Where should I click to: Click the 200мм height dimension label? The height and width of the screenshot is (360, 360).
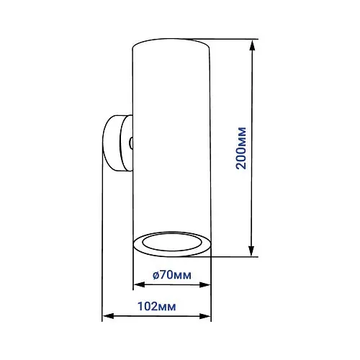(241, 148)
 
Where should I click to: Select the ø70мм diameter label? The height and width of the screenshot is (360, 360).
(172, 275)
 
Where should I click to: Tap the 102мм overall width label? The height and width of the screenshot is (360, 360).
(157, 307)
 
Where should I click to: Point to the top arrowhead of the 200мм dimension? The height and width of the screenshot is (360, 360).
(252, 45)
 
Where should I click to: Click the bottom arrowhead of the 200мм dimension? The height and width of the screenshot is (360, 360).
(251, 251)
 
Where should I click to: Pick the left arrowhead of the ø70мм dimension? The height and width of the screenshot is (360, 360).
(139, 285)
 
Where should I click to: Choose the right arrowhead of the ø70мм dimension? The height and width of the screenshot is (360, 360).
(204, 285)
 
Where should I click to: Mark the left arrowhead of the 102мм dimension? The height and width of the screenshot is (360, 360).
(108, 316)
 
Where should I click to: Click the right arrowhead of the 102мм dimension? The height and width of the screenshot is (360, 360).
(204, 316)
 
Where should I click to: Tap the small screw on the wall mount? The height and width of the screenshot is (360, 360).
(131, 143)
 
